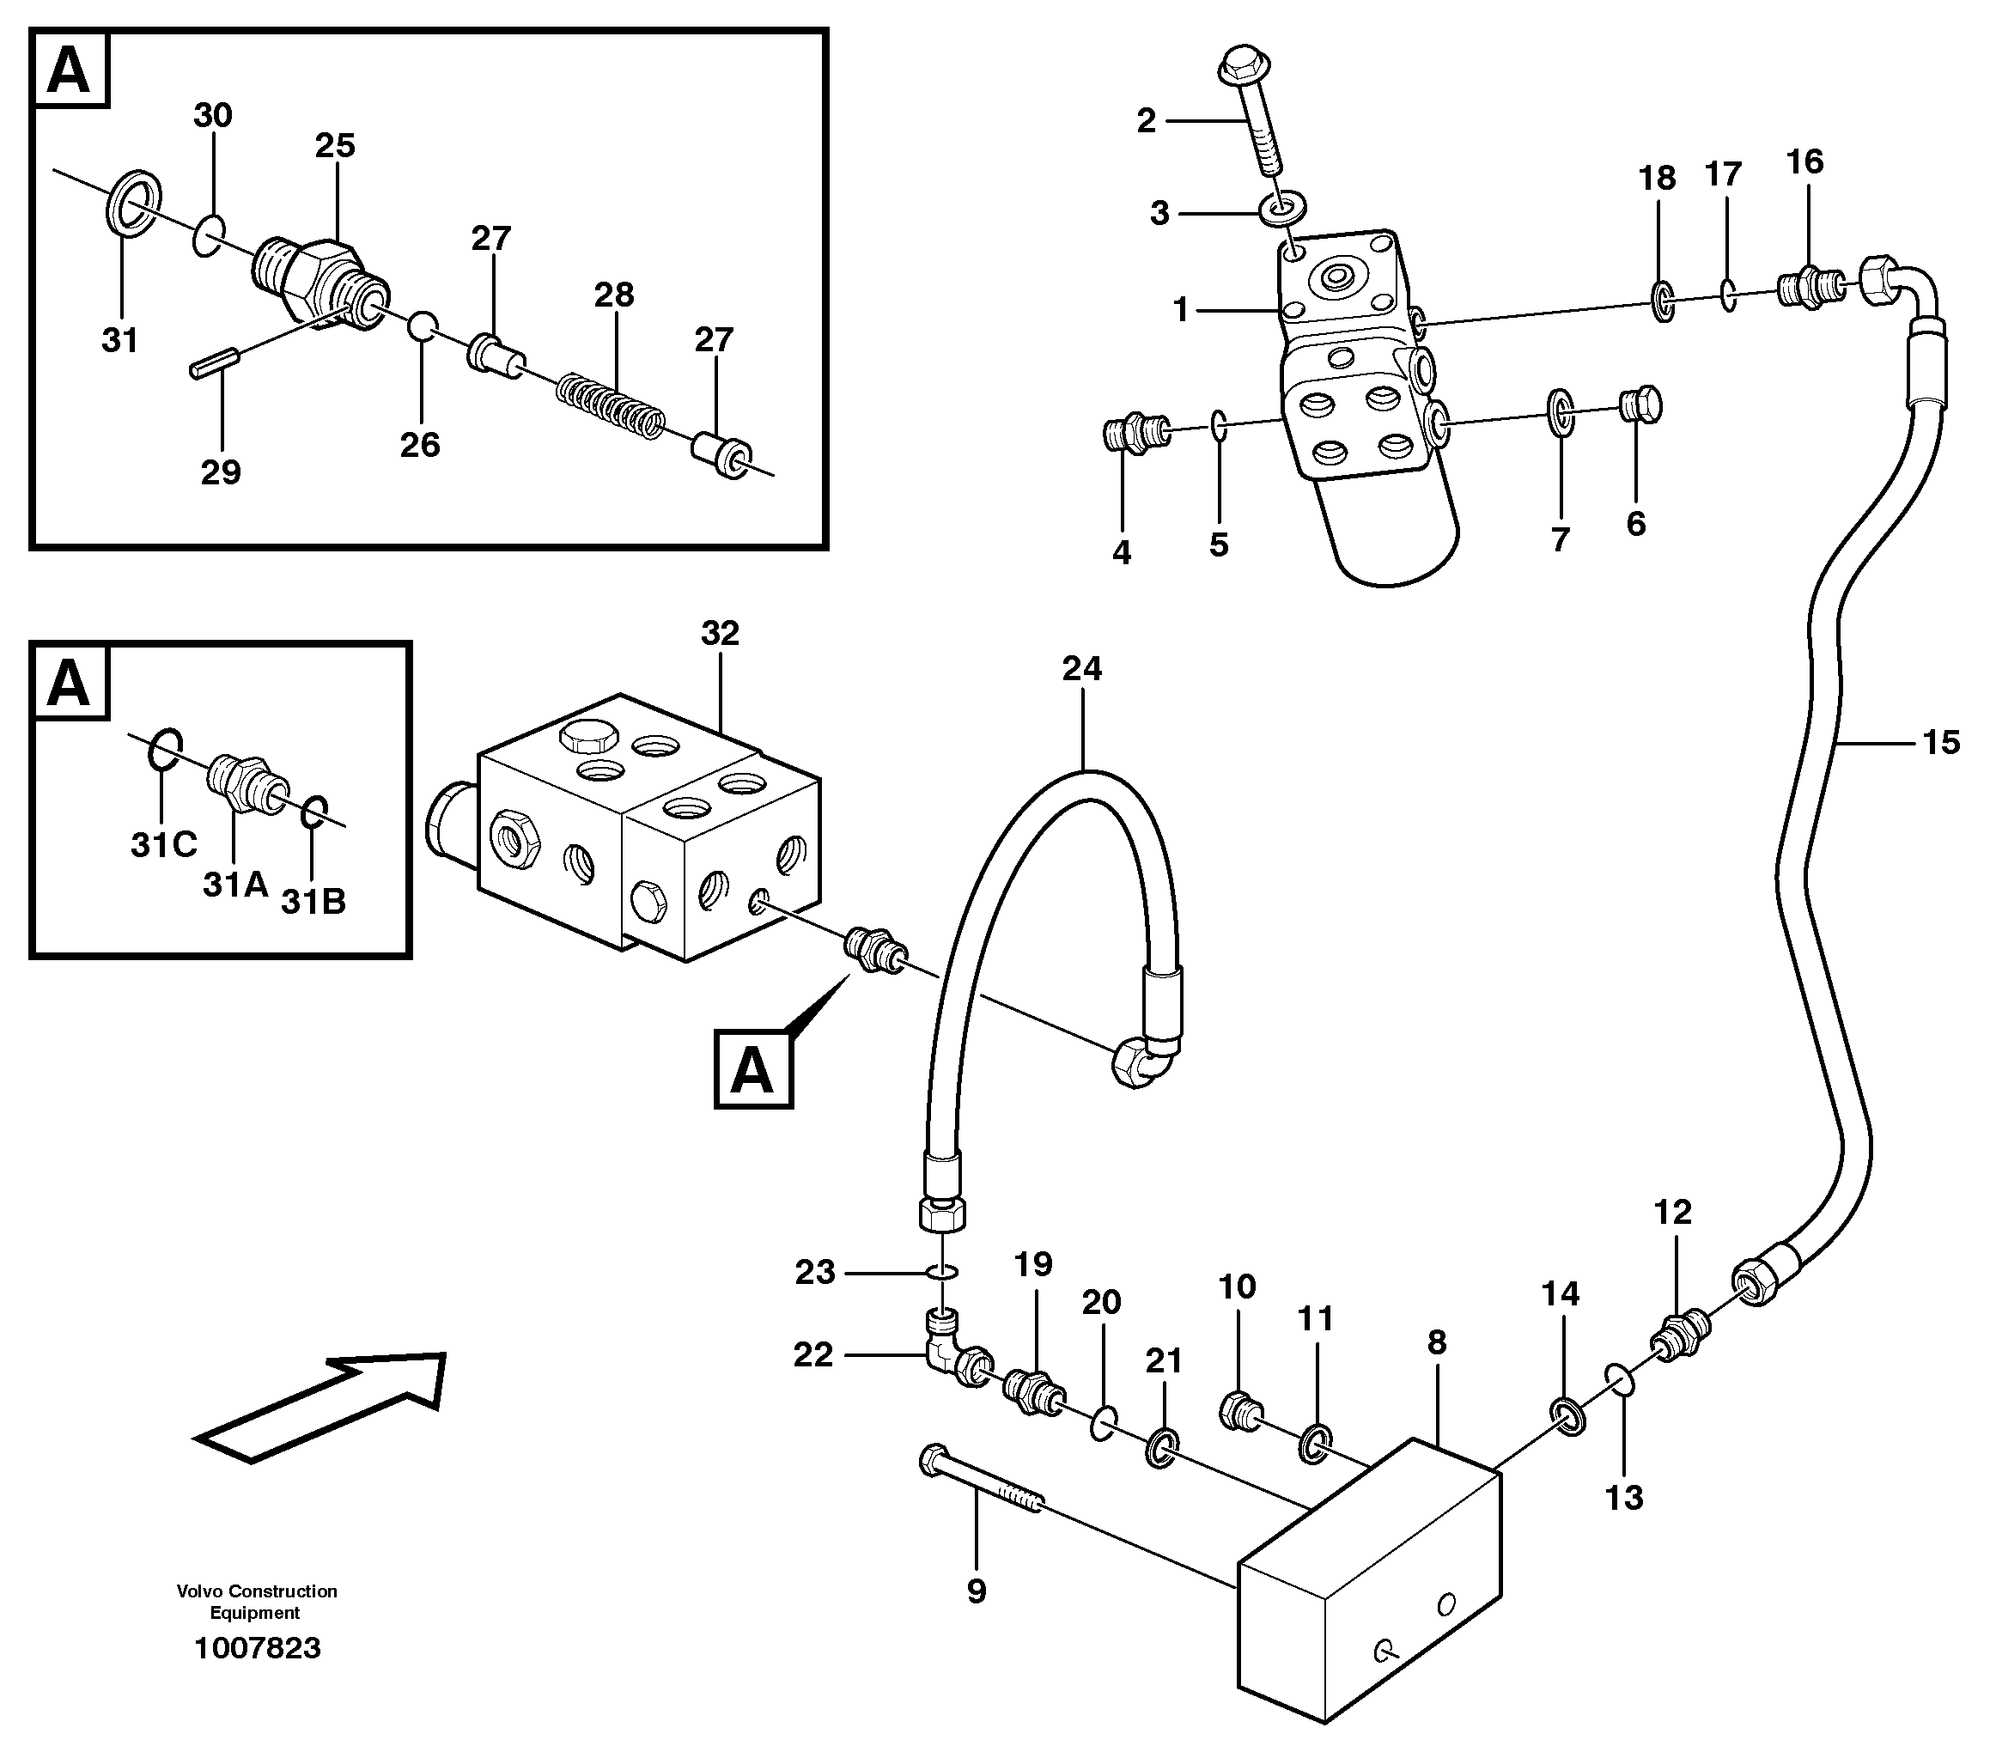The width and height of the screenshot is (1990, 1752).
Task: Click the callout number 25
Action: (x=334, y=146)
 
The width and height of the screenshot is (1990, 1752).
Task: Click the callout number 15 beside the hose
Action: (x=1939, y=744)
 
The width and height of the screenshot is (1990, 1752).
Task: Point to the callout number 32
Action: (x=720, y=634)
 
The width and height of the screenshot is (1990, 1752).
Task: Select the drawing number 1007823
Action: (x=257, y=1648)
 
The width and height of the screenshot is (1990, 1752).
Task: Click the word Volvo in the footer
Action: (x=199, y=1591)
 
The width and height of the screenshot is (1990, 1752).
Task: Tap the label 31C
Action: (x=163, y=846)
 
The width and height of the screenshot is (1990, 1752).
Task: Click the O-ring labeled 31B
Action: (x=313, y=812)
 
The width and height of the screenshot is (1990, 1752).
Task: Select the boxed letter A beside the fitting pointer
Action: (x=753, y=1071)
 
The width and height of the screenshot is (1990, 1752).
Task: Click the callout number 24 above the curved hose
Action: (x=1081, y=669)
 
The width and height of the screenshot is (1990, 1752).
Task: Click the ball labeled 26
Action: (x=421, y=326)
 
